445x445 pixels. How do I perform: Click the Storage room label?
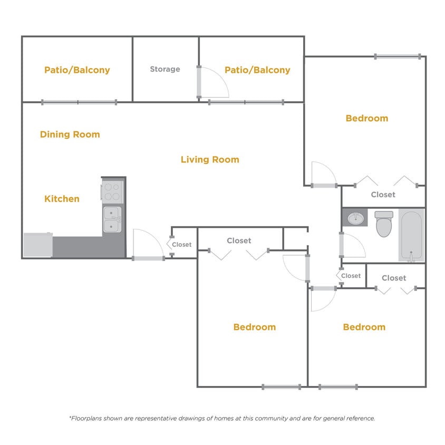[x=165, y=69]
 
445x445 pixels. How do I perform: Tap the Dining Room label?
[x=70, y=134]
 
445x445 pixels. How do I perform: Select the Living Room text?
[x=210, y=159]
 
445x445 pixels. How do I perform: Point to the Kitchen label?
[x=62, y=199]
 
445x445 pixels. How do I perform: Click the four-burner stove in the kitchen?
[x=112, y=191]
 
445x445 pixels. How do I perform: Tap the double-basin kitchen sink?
[x=112, y=219]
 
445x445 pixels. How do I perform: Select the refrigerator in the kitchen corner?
[x=37, y=245]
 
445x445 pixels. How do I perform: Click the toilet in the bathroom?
[x=384, y=224]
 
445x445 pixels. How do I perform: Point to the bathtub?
[x=411, y=235]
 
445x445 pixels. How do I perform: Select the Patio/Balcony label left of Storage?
[x=77, y=70]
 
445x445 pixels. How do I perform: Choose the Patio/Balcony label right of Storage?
[x=257, y=70]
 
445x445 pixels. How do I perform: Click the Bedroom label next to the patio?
[x=366, y=118]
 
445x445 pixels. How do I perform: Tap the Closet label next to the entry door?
[x=182, y=245]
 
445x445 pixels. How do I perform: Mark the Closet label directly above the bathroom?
[x=383, y=195]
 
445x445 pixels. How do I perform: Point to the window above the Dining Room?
[x=79, y=102]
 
